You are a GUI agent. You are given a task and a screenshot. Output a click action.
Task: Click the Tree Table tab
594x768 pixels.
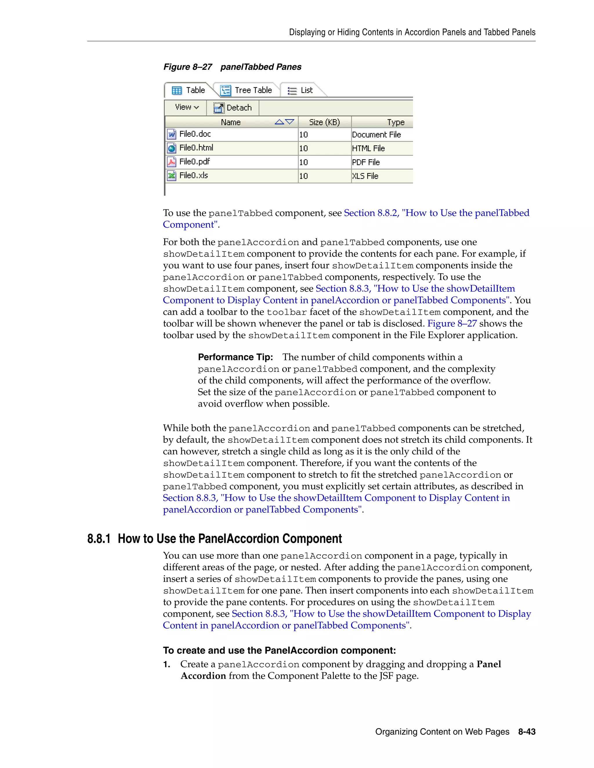pyautogui.click(x=246, y=90)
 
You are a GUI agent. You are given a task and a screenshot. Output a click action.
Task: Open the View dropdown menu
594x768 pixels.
pyautogui.click(x=186, y=107)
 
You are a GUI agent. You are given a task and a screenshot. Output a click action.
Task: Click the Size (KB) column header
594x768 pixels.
pyautogui.click(x=324, y=122)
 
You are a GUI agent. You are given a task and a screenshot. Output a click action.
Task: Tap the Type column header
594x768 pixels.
pyautogui.click(x=395, y=122)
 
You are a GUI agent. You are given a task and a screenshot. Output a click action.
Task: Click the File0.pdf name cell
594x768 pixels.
pyautogui.click(x=195, y=162)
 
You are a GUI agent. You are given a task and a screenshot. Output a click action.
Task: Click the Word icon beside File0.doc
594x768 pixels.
pyautogui.click(x=171, y=134)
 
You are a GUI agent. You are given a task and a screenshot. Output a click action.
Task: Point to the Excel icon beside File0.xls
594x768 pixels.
pyautogui.click(x=171, y=175)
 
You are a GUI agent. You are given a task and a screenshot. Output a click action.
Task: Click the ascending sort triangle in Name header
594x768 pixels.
pyautogui.click(x=279, y=122)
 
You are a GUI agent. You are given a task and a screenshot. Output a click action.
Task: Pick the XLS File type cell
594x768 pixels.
pyautogui.click(x=365, y=176)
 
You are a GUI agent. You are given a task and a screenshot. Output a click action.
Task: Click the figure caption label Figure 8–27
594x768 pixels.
pyautogui.click(x=188, y=67)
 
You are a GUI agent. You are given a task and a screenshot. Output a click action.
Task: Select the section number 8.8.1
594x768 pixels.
pyautogui.click(x=99, y=539)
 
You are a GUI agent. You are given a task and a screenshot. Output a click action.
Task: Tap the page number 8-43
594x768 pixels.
pyautogui.click(x=526, y=732)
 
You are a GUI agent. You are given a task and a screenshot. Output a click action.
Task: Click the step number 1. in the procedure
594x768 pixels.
pyautogui.click(x=167, y=664)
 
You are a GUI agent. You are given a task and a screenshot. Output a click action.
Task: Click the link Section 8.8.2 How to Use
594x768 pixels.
pyautogui.click(x=436, y=213)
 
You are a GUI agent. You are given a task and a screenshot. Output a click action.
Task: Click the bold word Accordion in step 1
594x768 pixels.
pyautogui.click(x=203, y=676)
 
